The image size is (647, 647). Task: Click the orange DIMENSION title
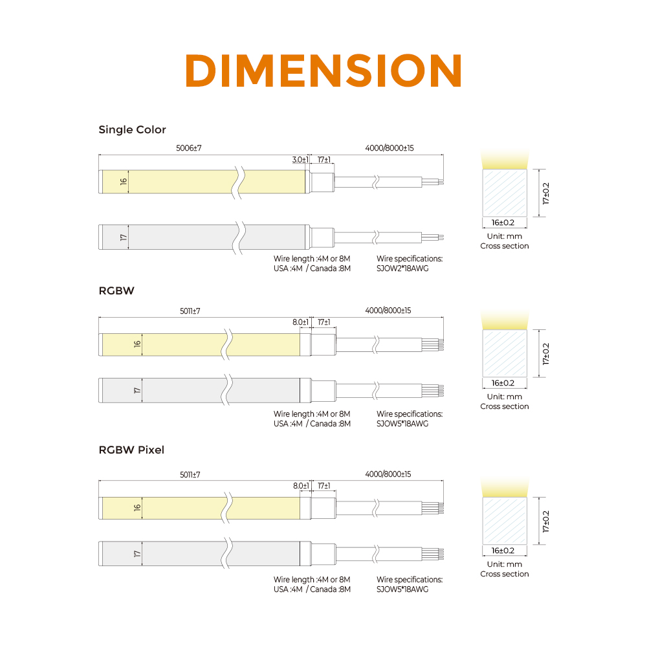(x=323, y=71)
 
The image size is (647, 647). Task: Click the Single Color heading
(x=132, y=129)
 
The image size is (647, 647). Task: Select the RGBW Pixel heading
(x=131, y=450)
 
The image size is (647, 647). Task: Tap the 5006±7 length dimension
(x=188, y=148)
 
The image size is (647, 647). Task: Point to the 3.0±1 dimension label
(x=300, y=160)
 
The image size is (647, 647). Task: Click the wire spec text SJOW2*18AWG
(x=402, y=269)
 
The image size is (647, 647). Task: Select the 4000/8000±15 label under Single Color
(x=389, y=148)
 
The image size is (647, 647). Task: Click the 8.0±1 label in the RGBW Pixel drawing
(x=301, y=486)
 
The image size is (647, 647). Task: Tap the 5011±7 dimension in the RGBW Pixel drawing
(x=190, y=475)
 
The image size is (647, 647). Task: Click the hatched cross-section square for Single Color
(x=505, y=193)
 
